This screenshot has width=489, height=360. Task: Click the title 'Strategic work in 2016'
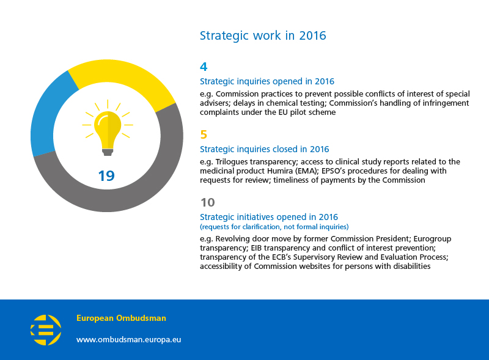click(263, 35)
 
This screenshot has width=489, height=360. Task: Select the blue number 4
click(204, 67)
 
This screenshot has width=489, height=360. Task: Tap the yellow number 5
click(204, 134)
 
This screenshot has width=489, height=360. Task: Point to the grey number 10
click(208, 202)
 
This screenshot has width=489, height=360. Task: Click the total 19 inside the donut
click(106, 176)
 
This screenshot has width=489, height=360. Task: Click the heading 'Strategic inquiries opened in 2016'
click(267, 81)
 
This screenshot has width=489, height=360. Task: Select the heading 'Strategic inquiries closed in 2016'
click(265, 149)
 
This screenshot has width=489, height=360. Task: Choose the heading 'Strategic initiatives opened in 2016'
click(269, 217)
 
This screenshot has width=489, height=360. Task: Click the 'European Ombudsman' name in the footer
click(121, 318)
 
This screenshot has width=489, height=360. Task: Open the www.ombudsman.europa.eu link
click(128, 339)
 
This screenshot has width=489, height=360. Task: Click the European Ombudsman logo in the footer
click(46, 330)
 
